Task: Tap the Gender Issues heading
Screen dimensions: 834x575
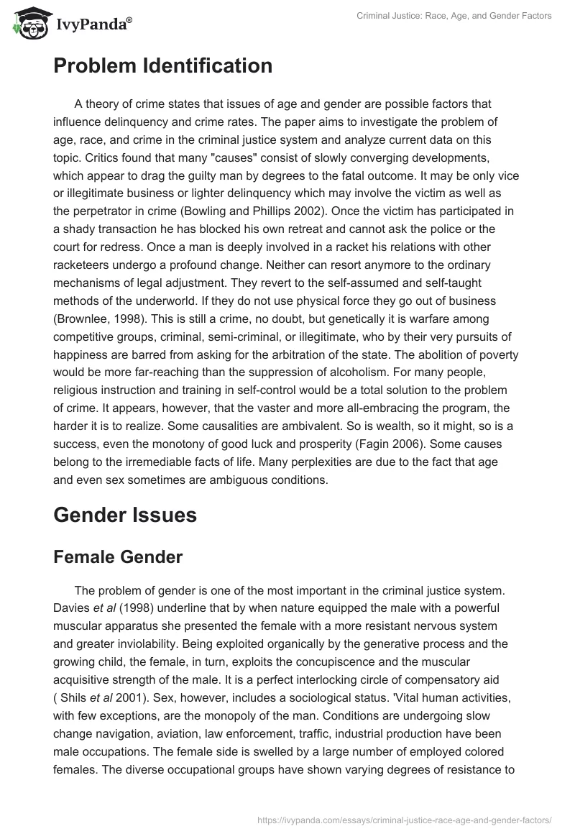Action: tap(125, 515)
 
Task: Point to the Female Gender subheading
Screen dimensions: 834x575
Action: tap(118, 556)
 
